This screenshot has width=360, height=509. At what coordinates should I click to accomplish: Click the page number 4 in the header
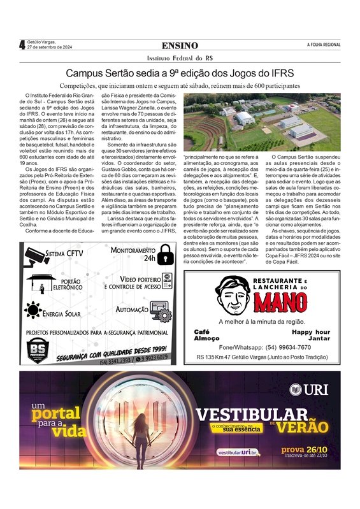pos(22,45)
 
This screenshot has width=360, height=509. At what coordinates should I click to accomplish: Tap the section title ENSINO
pos(180,46)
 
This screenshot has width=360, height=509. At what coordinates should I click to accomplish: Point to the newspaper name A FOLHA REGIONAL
pos(323,45)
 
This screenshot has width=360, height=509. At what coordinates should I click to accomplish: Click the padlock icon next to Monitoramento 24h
pos(166,255)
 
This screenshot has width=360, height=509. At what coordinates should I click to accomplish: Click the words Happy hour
pos(311,332)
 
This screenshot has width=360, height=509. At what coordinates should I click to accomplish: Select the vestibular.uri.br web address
pos(238,452)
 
